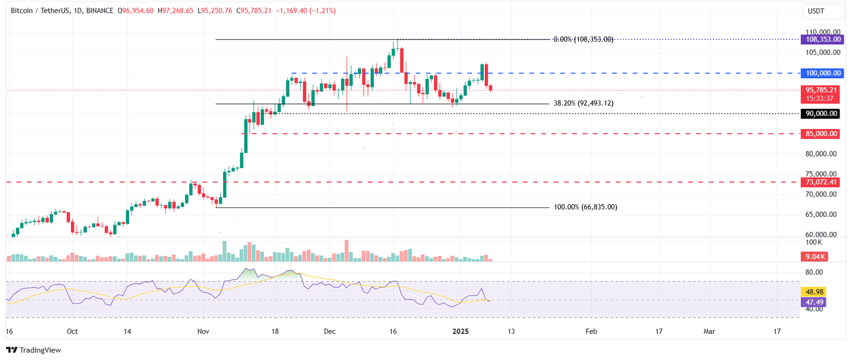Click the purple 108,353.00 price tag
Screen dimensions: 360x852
coord(822,39)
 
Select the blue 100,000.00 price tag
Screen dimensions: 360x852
coord(822,73)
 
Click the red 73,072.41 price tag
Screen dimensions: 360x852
coord(822,182)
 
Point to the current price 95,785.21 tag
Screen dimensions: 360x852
coord(822,90)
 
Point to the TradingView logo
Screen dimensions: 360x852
coord(33,350)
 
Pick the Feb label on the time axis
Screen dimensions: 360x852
coord(591,332)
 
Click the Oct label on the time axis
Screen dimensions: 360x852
coord(72,332)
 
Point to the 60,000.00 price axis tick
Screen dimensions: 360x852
coord(822,235)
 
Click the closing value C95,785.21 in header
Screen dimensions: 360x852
coord(254,11)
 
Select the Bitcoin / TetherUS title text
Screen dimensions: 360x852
coord(42,11)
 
